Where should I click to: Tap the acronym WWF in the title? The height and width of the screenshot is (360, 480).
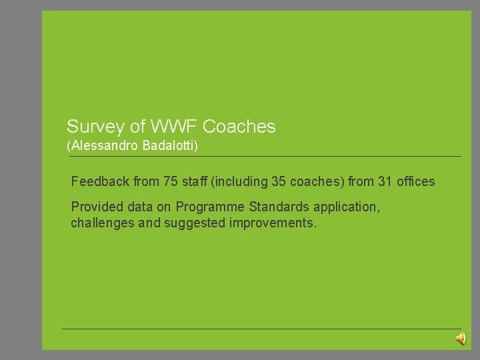[x=175, y=126]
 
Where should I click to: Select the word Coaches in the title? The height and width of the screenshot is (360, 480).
[x=239, y=126]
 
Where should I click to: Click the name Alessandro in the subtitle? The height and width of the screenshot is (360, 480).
[x=103, y=145]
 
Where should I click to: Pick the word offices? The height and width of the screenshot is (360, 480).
[x=416, y=181]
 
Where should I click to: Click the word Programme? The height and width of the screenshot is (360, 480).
[x=207, y=207]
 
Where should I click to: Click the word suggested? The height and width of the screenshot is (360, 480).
[x=193, y=223]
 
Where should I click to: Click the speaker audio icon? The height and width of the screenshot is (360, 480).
[x=461, y=339]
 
